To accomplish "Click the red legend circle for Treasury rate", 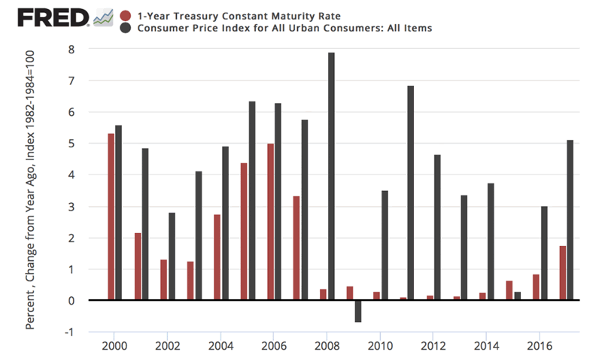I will tap(127, 15).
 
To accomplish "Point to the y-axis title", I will tap(32, 190).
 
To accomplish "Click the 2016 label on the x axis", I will tap(538, 348).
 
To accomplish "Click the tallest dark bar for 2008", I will tap(332, 177).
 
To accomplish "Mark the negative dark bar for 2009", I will tap(358, 311).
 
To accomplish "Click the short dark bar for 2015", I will tap(517, 296).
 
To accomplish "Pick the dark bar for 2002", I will tap(172, 256).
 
